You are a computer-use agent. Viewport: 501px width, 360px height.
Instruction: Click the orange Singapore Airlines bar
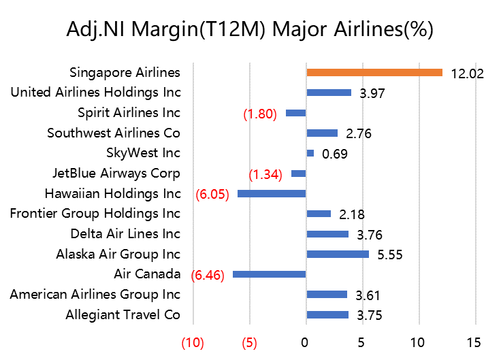tap(374, 72)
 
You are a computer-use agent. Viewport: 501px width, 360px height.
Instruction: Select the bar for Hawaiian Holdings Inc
tap(272, 194)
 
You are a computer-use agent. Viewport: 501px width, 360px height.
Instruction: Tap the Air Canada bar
tap(270, 274)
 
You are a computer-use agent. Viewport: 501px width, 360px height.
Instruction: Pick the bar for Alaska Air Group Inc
tap(338, 255)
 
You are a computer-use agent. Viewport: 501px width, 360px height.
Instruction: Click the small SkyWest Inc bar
tap(310, 153)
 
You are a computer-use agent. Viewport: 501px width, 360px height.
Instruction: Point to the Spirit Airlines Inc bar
tap(296, 113)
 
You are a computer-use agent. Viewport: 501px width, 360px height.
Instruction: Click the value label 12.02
tap(467, 73)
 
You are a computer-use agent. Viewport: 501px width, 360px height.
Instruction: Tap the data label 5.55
tap(389, 255)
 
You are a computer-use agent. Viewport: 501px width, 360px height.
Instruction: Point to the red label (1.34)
tap(265, 174)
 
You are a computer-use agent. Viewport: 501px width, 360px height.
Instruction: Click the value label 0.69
tap(335, 154)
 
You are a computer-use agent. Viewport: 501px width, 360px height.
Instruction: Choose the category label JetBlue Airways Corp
tap(116, 174)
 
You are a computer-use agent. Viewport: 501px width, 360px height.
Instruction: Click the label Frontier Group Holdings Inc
tap(95, 214)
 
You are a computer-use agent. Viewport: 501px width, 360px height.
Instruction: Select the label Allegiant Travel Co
tap(123, 314)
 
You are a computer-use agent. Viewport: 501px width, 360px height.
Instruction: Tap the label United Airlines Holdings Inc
tap(96, 93)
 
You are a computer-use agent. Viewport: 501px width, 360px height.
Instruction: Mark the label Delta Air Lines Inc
tap(125, 234)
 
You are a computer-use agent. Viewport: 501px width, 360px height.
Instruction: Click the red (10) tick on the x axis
tap(193, 342)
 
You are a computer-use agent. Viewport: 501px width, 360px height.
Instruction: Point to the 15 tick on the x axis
tap(474, 341)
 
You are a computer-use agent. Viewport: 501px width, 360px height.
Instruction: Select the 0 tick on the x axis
tap(306, 341)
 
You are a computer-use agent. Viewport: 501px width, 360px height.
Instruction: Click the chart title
tap(250, 30)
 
